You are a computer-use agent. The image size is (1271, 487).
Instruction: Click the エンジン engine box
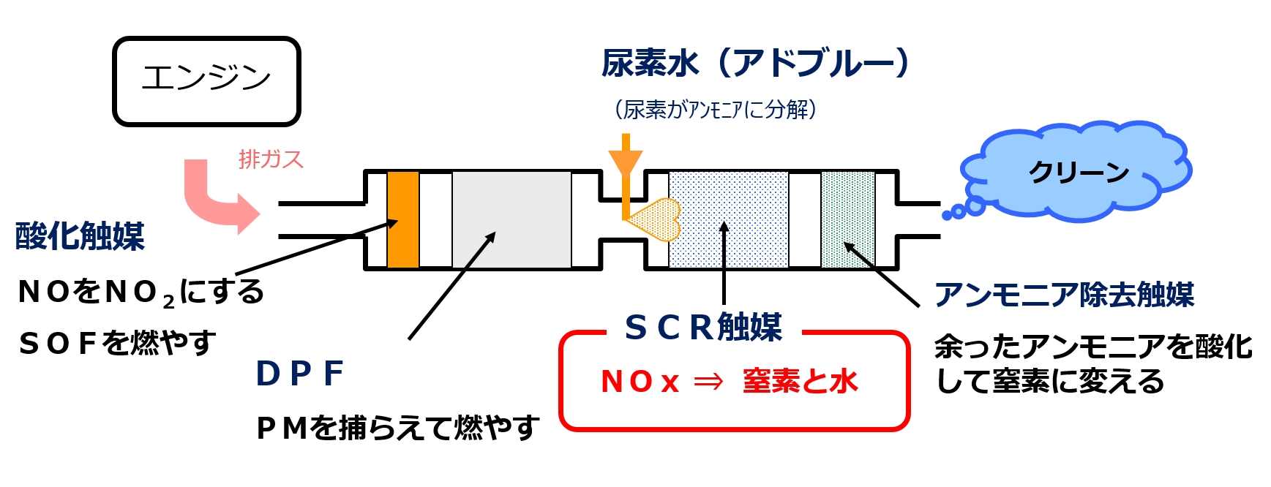[206, 81]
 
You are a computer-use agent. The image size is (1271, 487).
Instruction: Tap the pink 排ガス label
[271, 159]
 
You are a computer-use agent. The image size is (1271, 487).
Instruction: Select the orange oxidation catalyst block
[403, 219]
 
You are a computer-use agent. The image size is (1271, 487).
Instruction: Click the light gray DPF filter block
[511, 219]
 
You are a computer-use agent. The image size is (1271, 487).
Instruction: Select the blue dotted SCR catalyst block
[728, 219]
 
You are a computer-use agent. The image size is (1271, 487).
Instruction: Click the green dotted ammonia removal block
[848, 219]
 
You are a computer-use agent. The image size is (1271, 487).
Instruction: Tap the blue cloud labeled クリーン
[1076, 173]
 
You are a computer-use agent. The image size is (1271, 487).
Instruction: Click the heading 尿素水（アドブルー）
[755, 64]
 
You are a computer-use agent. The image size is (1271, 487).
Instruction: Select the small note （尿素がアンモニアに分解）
[715, 110]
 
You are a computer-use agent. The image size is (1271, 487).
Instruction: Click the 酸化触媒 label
[80, 236]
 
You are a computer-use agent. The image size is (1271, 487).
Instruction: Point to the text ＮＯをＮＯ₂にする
[140, 292]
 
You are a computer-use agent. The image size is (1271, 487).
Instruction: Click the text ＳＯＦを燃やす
[117, 342]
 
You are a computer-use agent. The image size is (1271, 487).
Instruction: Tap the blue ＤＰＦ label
[300, 374]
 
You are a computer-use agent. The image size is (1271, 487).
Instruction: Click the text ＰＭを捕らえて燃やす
[397, 428]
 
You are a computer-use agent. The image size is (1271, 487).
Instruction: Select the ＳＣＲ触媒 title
[703, 327]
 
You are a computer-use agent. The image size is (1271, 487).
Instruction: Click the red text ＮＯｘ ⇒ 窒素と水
[729, 381]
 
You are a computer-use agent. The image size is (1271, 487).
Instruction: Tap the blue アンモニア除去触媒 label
[1064, 295]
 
